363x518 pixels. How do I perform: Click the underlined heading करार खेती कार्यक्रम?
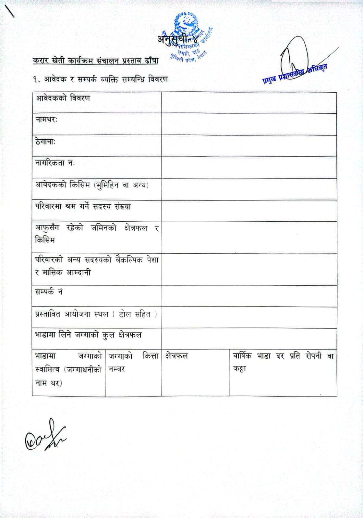pyautogui.click(x=95, y=61)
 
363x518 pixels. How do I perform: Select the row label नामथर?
pyautogui.click(x=46, y=120)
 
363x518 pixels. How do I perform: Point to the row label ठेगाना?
pyautogui.click(x=45, y=142)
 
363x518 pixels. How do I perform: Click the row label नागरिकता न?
pyautogui.click(x=55, y=163)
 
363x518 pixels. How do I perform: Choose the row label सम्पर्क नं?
pyautogui.click(x=49, y=292)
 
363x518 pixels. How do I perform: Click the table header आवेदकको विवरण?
pyautogui.click(x=63, y=98)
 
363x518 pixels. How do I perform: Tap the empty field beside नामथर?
pyautogui.click(x=249, y=124)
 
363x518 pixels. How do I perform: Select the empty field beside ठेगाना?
pyautogui.click(x=249, y=146)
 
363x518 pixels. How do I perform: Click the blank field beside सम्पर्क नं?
pyautogui.click(x=249, y=296)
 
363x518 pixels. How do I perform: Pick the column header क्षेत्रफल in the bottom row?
pyautogui.click(x=176, y=356)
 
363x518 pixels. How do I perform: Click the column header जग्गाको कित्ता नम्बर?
pyautogui.click(x=133, y=363)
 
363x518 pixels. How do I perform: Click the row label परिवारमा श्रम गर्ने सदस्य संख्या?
pyautogui.click(x=83, y=207)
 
